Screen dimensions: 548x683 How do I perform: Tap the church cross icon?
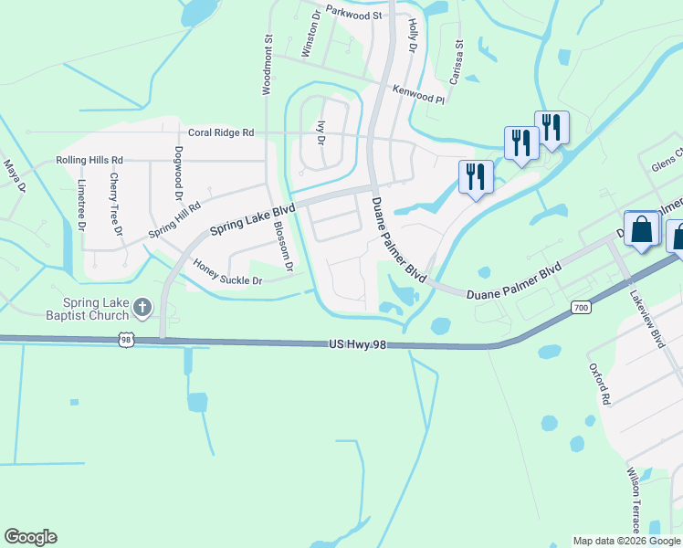click(x=142, y=305)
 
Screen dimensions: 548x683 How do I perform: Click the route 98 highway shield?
click(x=126, y=340)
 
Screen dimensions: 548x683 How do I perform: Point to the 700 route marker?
click(x=582, y=308)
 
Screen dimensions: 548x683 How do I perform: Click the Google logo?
click(x=30, y=537)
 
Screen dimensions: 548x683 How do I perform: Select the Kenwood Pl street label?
click(x=418, y=93)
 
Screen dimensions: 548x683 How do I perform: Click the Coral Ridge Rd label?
click(x=221, y=132)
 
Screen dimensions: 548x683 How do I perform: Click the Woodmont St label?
click(x=268, y=65)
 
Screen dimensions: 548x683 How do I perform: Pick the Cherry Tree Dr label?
click(x=116, y=205)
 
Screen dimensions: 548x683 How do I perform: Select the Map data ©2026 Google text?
click(x=626, y=541)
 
